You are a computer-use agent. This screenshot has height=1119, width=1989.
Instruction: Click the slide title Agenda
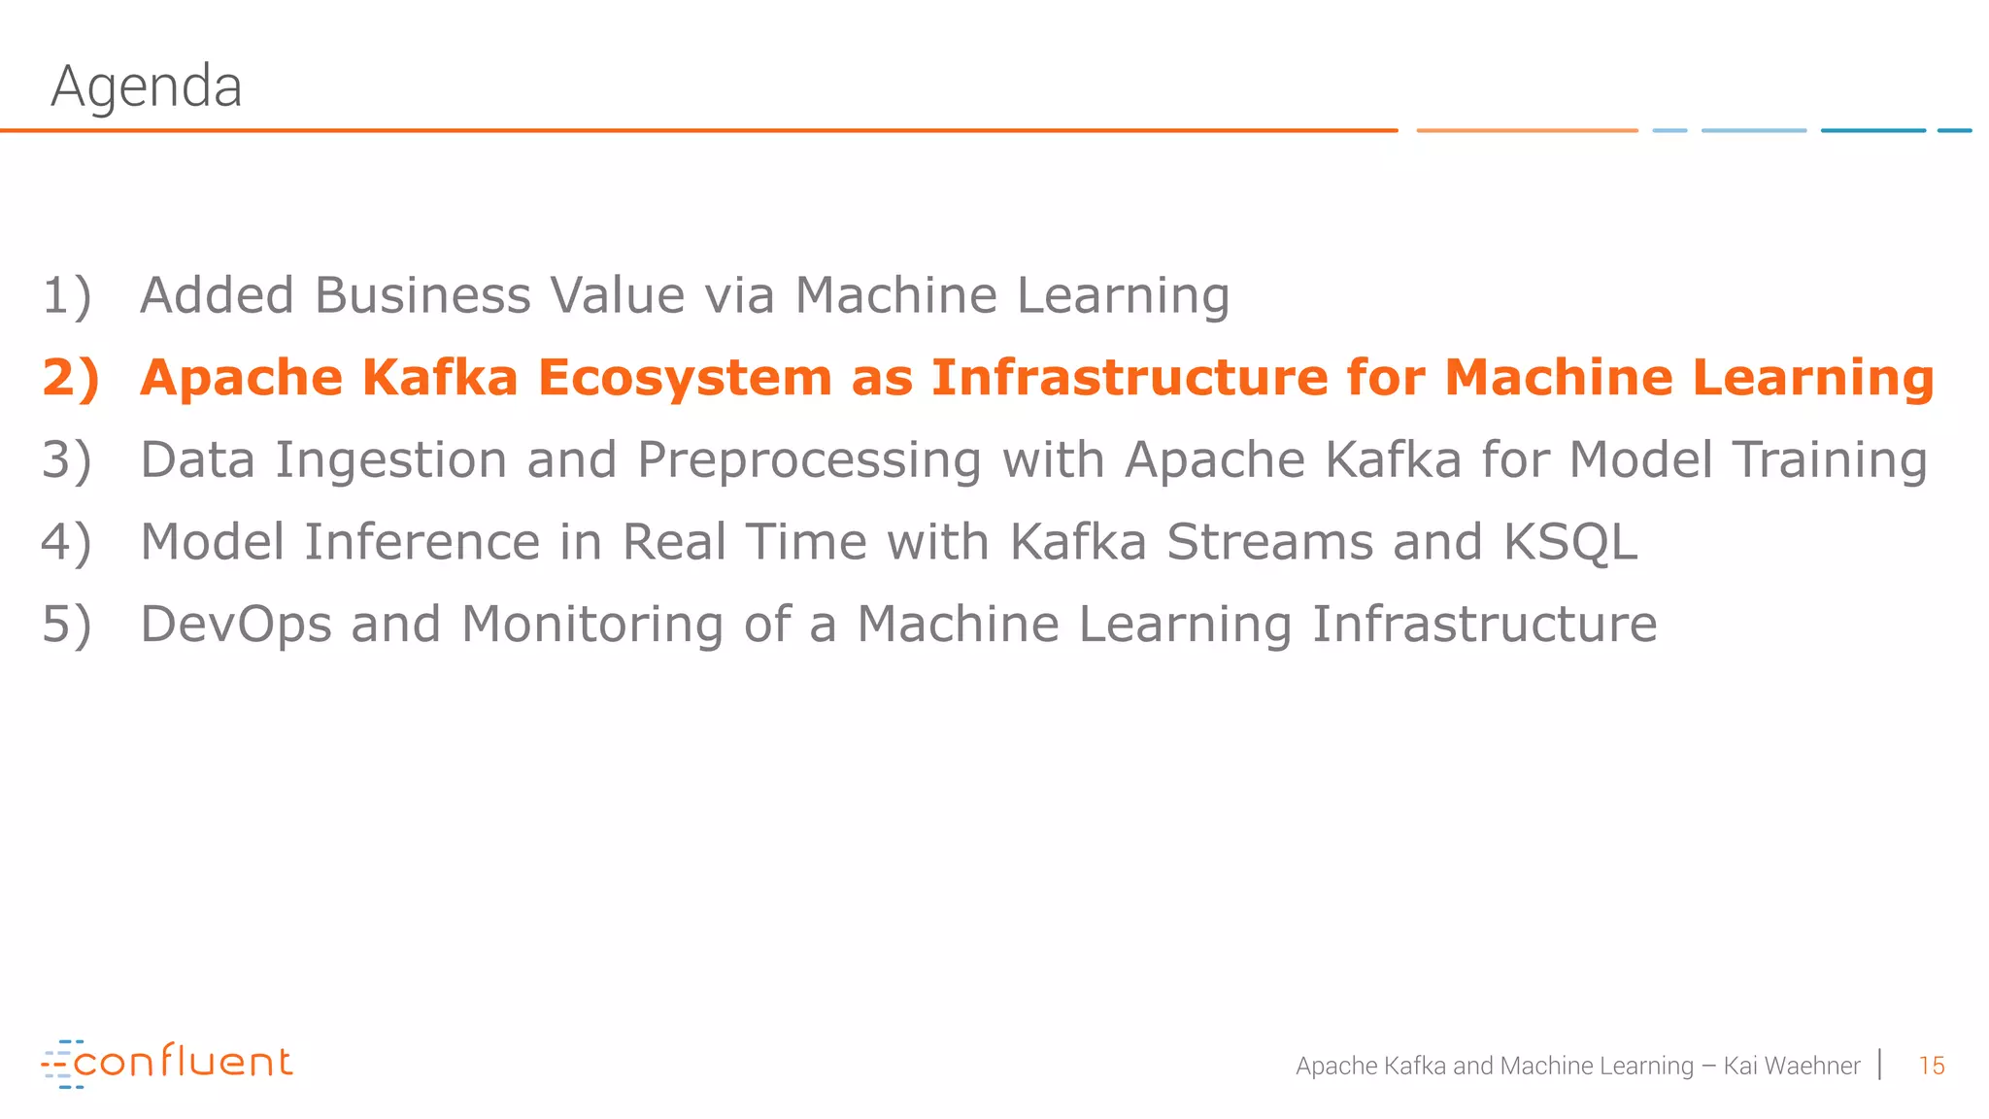coord(146,87)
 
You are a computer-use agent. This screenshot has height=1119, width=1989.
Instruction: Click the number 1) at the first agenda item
coord(67,295)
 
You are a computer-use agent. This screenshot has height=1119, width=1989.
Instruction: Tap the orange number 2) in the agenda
coord(71,378)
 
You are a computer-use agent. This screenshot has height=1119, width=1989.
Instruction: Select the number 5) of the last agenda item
coord(67,624)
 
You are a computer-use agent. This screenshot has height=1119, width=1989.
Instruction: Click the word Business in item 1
coord(422,295)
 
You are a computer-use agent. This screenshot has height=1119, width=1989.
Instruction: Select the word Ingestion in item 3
coord(390,460)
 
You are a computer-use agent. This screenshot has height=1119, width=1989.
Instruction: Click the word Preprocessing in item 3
coord(809,460)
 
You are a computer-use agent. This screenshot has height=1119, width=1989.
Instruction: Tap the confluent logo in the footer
coord(167,1064)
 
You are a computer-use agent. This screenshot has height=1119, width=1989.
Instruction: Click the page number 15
coord(1931,1066)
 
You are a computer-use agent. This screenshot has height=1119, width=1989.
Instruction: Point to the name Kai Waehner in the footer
coord(1791,1066)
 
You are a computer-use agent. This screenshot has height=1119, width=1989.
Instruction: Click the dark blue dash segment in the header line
coord(1872,130)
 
